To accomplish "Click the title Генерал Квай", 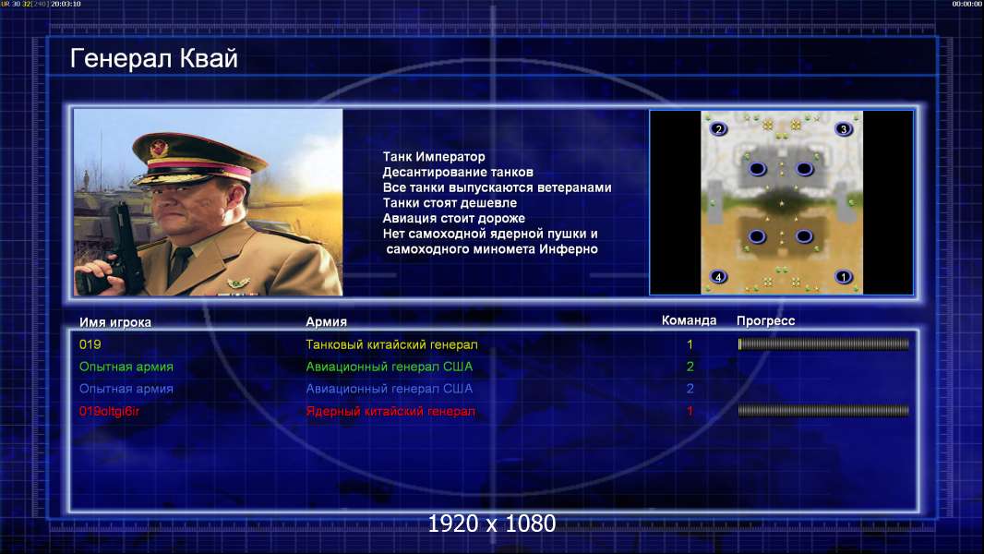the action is [154, 58].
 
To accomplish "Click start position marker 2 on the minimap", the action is [718, 129].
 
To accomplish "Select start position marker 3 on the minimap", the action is [844, 129].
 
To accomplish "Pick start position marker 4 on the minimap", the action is [718, 277].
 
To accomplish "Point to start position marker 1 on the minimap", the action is [844, 277].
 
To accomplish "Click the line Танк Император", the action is [434, 157].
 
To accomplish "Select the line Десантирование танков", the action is [458, 172].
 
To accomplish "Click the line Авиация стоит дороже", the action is [454, 218].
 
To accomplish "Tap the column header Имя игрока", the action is [114, 322].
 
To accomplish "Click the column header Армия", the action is [327, 321].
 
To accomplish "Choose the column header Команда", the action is [689, 320].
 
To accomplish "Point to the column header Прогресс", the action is [765, 320].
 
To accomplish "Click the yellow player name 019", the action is [90, 344].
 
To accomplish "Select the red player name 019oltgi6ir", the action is [109, 412].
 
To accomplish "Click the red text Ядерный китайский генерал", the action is [390, 412].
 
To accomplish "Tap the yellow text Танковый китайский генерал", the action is [391, 344].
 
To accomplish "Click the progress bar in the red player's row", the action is [823, 411].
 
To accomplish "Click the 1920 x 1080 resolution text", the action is [491, 524].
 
